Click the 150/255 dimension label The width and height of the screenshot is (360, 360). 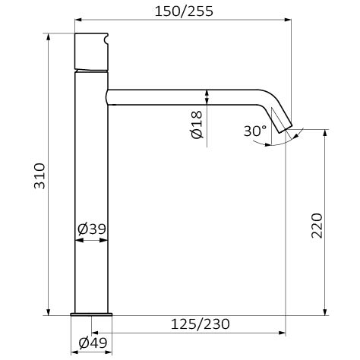pos(184,11)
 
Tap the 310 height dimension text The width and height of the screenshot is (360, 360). pos(39,176)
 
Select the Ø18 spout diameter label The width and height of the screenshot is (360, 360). pos(197,125)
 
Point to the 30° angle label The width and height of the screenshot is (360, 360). pos(255,131)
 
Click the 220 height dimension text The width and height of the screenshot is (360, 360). pos(317,226)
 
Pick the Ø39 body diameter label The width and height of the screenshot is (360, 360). pos(92,229)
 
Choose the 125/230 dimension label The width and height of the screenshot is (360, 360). pos(201,324)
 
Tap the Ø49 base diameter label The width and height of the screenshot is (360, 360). pos(93,343)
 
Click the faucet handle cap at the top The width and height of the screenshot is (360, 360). pos(91,51)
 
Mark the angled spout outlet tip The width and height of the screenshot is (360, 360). pos(286,129)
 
